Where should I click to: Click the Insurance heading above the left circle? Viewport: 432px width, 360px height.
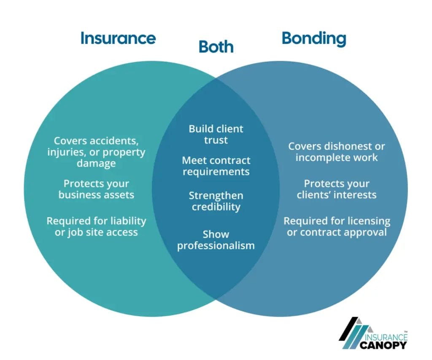pos(118,38)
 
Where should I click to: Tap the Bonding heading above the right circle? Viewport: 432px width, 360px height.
pos(314,38)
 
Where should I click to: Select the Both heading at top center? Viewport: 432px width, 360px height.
pos(216,47)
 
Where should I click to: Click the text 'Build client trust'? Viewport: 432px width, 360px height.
pos(216,134)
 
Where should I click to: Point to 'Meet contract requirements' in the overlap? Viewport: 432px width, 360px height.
pos(216,166)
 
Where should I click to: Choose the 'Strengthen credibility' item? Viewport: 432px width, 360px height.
pos(216,201)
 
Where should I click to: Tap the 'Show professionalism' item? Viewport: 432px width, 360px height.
pos(216,239)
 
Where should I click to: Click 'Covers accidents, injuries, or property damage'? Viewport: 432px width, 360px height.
pos(96,151)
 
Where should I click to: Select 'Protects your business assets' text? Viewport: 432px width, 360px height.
pos(96,189)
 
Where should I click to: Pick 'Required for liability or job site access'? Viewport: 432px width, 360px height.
pos(96,226)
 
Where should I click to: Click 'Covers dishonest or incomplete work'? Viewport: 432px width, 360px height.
pos(337,152)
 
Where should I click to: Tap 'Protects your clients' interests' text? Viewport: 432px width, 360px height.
pos(337,189)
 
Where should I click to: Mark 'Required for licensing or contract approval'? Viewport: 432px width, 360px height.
pos(337,226)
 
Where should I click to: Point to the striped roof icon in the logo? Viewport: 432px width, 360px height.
pos(354,333)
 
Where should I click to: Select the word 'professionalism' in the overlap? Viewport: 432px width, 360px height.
pos(216,245)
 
